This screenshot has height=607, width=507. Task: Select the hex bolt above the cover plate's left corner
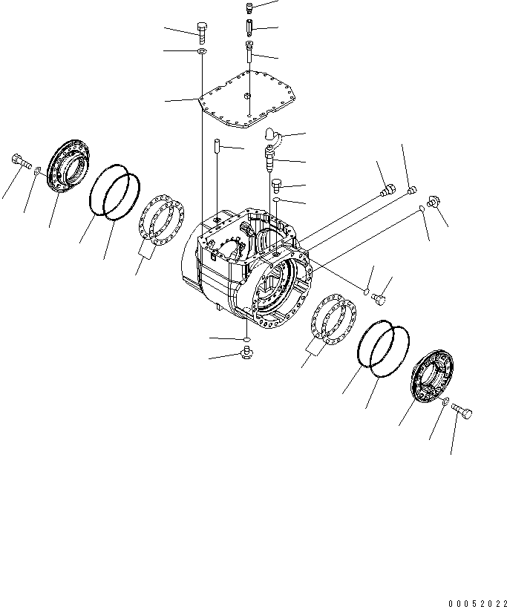point(203,31)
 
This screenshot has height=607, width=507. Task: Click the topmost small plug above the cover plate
point(249,7)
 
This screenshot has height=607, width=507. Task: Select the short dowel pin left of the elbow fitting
point(215,145)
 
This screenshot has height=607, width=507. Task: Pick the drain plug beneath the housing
point(247,351)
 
